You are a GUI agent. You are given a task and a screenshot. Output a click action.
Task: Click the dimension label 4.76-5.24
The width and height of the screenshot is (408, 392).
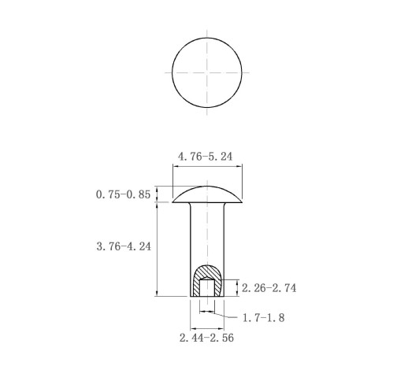coord(205,157)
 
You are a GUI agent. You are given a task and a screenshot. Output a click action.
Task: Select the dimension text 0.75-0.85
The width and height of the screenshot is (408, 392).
coord(123,194)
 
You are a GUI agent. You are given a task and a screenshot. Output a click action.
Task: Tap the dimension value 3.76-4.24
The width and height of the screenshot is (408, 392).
coord(124,246)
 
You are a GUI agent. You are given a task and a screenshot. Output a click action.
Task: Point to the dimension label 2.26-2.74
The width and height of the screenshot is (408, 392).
coord(269,288)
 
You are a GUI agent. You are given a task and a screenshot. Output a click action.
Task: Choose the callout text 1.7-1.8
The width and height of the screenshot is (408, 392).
coord(263,318)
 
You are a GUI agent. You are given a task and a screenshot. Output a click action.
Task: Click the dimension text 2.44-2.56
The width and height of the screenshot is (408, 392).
coord(206,338)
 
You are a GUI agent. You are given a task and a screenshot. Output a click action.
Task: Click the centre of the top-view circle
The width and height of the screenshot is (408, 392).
coord(207,72)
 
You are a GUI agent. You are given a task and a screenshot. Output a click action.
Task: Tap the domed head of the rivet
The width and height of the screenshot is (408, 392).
coord(207,194)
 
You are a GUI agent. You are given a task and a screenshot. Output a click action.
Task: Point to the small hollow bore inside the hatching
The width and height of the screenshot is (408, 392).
coord(207,287)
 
